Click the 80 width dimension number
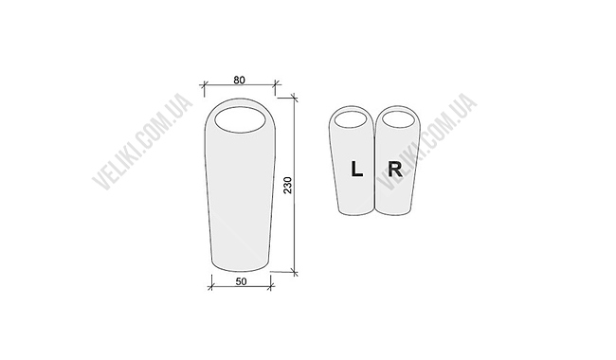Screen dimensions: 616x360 coord(239,80)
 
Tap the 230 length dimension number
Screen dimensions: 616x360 coord(288,185)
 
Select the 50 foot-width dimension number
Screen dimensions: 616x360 coord(242,281)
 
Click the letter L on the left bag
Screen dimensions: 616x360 coord(356,169)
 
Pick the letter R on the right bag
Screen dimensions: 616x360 coord(395,170)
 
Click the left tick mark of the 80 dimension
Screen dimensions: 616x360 coord(204,84)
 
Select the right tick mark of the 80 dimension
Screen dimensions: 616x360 coord(276,84)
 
